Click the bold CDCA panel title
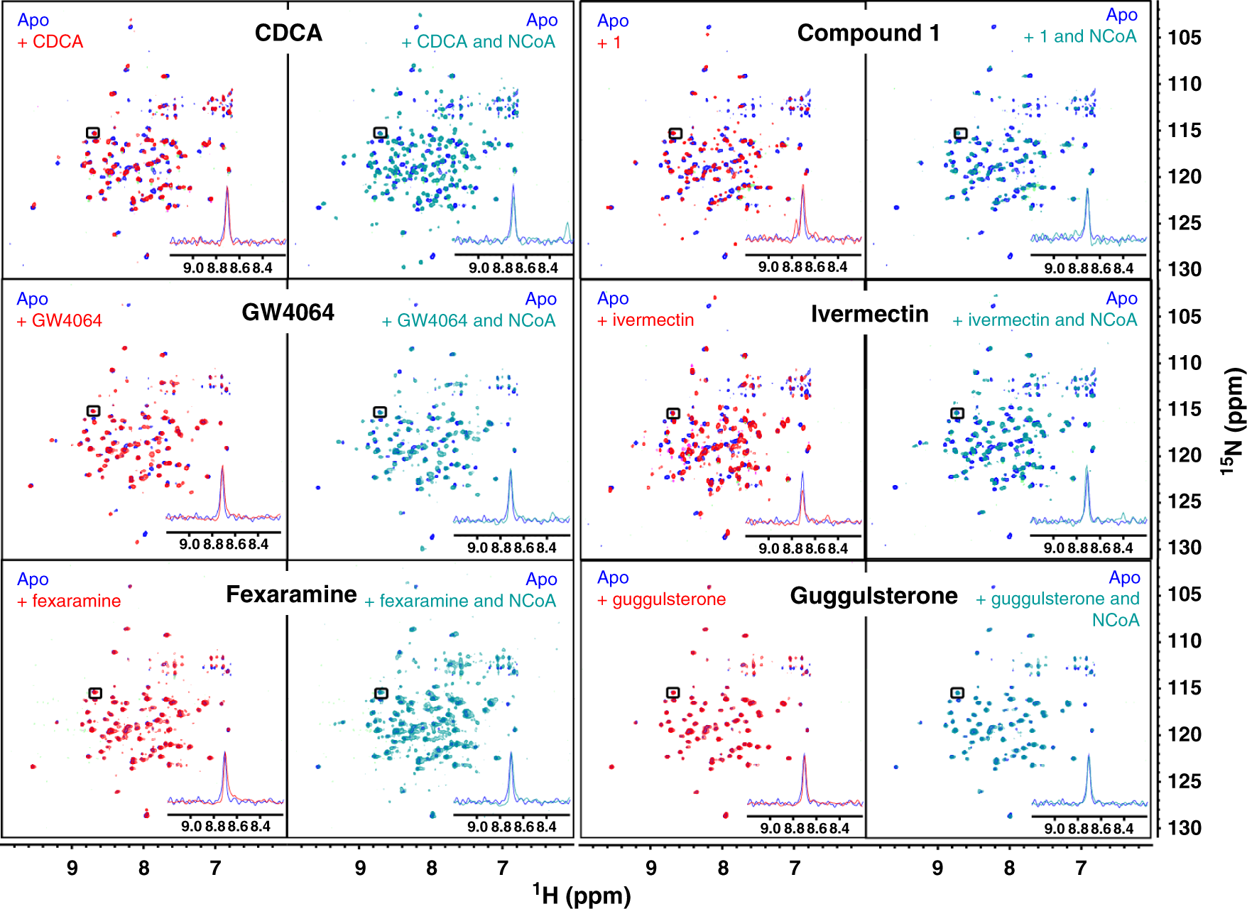[x=288, y=33]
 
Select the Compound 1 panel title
[x=868, y=33]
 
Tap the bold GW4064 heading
[x=288, y=312]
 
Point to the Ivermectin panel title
[x=869, y=313]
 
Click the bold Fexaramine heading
[x=291, y=594]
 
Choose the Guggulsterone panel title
[x=873, y=595]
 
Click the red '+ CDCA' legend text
[x=50, y=42]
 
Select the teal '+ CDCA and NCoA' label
[x=478, y=42]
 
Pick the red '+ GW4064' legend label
[x=60, y=320]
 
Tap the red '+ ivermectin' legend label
[x=646, y=320]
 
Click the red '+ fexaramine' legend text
[x=69, y=601]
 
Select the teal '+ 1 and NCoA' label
[x=1079, y=36]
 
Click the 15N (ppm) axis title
[x=1234, y=421]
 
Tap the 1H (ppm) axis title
[x=582, y=895]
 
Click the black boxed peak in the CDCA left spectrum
[x=93, y=133]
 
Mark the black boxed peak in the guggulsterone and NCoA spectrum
[x=957, y=692]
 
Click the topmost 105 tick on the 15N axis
[x=1185, y=37]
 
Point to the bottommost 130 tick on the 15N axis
[x=1185, y=827]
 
